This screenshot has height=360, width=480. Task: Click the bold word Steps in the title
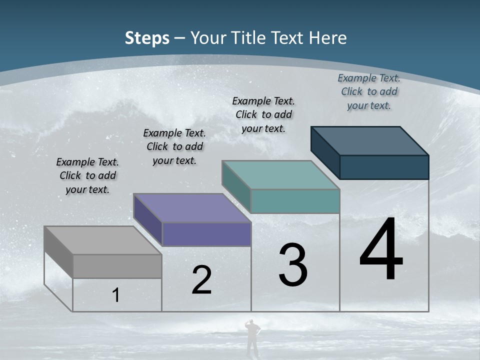point(147,38)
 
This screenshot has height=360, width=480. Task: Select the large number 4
point(381,250)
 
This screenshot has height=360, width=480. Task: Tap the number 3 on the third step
point(293,265)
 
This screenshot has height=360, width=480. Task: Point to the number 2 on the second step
point(201,280)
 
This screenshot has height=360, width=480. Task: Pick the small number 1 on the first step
point(116,295)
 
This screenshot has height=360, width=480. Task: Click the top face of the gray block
point(102,240)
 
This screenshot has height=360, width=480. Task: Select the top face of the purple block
point(192,208)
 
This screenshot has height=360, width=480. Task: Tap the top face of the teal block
point(281,175)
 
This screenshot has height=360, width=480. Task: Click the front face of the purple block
point(206,234)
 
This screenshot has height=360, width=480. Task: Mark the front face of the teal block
point(295,201)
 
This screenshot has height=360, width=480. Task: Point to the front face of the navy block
point(384,167)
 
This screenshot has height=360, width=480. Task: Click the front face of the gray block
point(117,266)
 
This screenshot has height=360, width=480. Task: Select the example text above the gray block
point(87,175)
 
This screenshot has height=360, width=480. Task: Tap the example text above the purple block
point(174,146)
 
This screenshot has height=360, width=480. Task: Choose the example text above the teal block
point(263,114)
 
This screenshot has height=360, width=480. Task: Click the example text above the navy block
point(369,91)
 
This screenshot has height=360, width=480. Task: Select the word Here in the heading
point(329,38)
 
